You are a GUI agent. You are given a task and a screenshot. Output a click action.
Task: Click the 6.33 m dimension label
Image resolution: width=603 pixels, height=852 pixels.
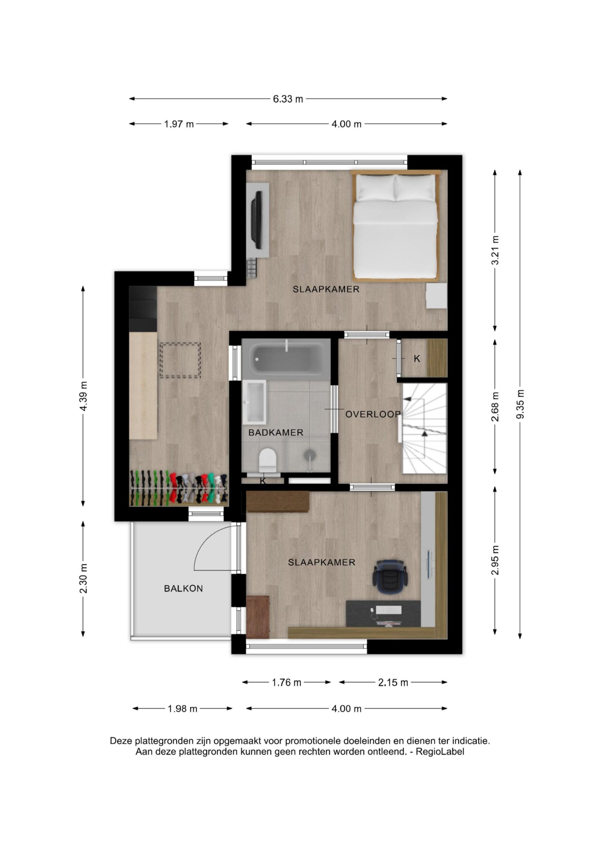tap(288, 99)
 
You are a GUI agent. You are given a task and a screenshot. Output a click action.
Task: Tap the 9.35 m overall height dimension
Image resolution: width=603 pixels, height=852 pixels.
tap(520, 404)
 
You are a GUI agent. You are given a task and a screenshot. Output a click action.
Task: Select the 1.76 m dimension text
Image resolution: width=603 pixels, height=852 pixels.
tap(287, 682)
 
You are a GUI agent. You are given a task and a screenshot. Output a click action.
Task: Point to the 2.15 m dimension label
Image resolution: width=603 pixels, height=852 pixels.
tap(393, 682)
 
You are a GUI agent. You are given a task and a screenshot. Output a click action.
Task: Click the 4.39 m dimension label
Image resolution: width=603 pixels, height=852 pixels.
tap(83, 396)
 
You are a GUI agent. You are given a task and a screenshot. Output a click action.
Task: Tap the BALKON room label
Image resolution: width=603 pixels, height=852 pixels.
tap(184, 588)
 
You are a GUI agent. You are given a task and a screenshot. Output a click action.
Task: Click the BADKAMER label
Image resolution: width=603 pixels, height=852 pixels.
tap(276, 432)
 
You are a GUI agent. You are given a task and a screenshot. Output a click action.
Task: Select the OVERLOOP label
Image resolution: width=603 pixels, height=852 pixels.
tap(373, 414)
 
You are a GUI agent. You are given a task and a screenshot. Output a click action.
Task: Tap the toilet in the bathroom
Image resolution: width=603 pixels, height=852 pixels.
tap(268, 460)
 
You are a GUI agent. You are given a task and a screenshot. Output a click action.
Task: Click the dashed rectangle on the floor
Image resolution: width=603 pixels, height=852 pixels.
tap(180, 360)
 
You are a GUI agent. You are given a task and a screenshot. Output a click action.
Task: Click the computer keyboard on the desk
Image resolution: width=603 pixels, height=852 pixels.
tap(389, 610)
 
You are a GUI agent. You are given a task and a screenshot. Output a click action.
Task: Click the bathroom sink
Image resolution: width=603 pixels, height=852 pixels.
tap(254, 402)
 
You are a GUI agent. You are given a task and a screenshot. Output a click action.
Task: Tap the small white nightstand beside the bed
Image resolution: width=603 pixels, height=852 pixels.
tap(436, 296)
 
